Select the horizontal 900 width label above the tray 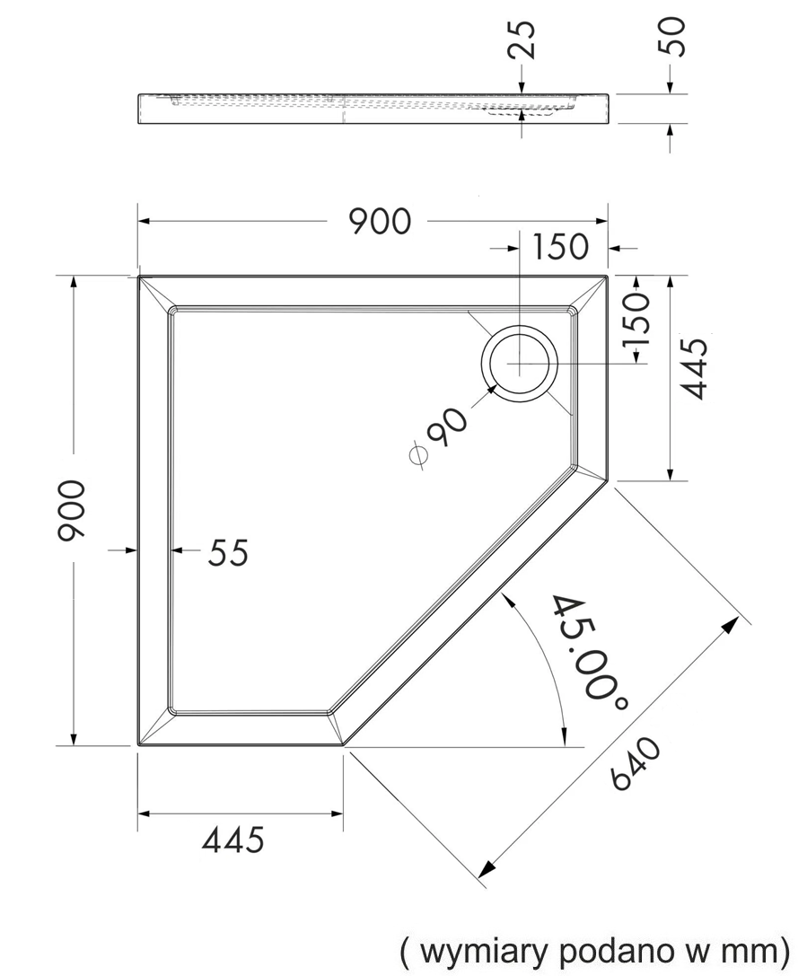pos(379,221)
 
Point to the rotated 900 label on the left pos(70,510)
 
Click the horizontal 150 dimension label pos(559,247)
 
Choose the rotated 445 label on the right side pos(695,368)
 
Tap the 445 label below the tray pos(233,840)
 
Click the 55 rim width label pos(228,552)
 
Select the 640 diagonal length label pos(636,763)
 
